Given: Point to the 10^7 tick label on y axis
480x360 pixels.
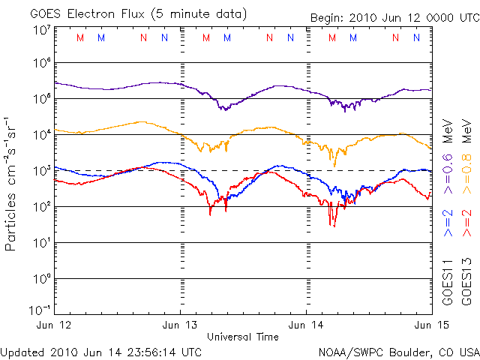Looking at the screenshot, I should [x=42, y=30].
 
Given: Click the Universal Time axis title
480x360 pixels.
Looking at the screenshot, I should [x=243, y=337].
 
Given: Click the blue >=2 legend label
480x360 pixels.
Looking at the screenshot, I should [x=448, y=223].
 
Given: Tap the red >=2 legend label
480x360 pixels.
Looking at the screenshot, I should [x=467, y=223].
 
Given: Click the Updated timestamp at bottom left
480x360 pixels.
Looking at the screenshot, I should [x=101, y=351].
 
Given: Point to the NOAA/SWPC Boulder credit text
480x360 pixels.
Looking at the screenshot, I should [x=398, y=351].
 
